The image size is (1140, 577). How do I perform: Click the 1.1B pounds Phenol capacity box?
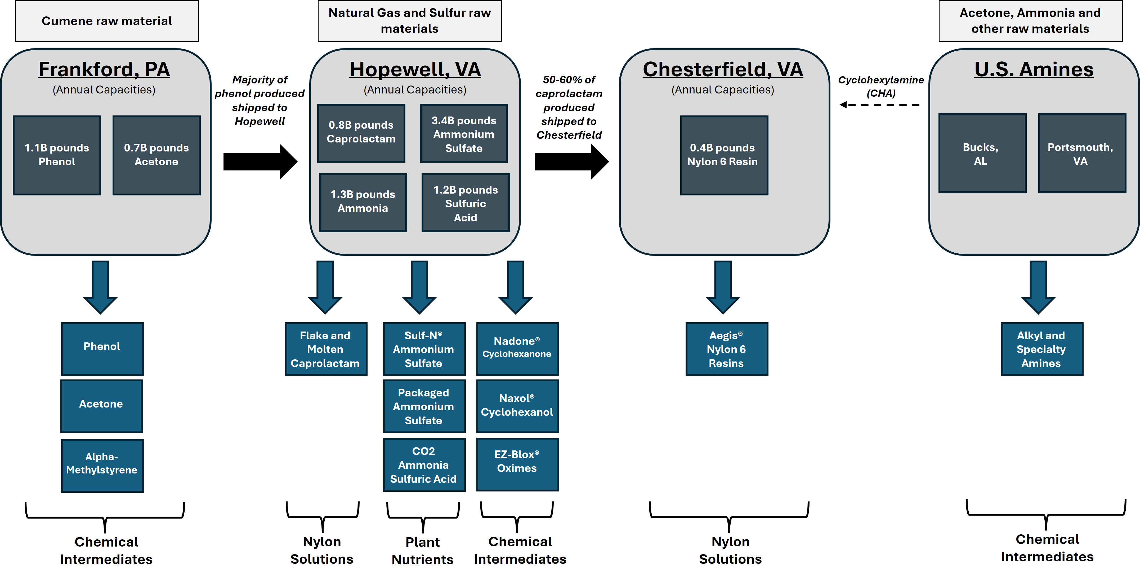click(x=57, y=155)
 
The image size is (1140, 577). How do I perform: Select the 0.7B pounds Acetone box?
click(x=156, y=155)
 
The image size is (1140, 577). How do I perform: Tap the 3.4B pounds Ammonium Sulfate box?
click(x=463, y=134)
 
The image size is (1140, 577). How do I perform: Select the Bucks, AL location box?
click(x=982, y=153)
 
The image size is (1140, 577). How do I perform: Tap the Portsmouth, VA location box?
click(x=1081, y=153)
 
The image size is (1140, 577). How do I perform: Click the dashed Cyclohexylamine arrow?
click(x=880, y=105)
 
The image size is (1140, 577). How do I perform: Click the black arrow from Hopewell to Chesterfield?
click(x=571, y=162)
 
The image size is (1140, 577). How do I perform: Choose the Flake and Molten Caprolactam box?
click(x=326, y=349)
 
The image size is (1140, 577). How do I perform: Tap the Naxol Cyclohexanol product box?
click(x=517, y=406)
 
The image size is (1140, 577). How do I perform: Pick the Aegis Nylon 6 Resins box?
click(x=727, y=349)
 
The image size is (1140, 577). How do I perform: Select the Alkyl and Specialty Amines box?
click(x=1042, y=349)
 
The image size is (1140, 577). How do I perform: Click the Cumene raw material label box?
click(x=107, y=21)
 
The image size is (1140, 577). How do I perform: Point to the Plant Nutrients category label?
click(x=423, y=551)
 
